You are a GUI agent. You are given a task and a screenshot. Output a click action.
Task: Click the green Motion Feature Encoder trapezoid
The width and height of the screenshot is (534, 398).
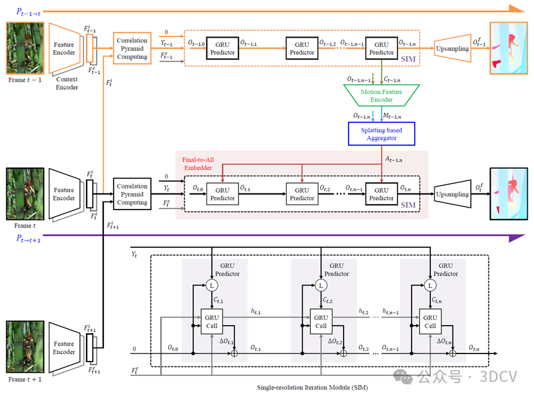point(381,95)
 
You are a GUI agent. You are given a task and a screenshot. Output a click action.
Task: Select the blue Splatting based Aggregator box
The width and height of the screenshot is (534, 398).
point(381,133)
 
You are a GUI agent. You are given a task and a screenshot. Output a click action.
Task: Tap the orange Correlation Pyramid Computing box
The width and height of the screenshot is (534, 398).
point(132,49)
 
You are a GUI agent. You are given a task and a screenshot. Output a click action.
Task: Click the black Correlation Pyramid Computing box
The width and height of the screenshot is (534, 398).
point(132,193)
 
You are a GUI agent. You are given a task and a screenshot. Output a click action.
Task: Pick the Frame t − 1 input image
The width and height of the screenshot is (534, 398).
point(25,49)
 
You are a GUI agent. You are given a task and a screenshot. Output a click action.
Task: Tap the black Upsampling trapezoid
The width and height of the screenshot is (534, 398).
point(452,194)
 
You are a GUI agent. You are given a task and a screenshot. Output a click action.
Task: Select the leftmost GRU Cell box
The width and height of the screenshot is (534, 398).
point(212,321)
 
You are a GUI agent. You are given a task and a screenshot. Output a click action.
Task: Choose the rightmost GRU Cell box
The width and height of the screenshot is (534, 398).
point(430,321)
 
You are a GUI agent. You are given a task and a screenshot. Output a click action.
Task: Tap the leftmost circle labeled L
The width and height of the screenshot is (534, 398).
point(211,286)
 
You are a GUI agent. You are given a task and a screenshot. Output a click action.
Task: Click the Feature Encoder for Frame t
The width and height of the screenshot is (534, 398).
point(64,194)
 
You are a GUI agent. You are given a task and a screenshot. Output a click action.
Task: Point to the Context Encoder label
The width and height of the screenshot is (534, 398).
point(67,83)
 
